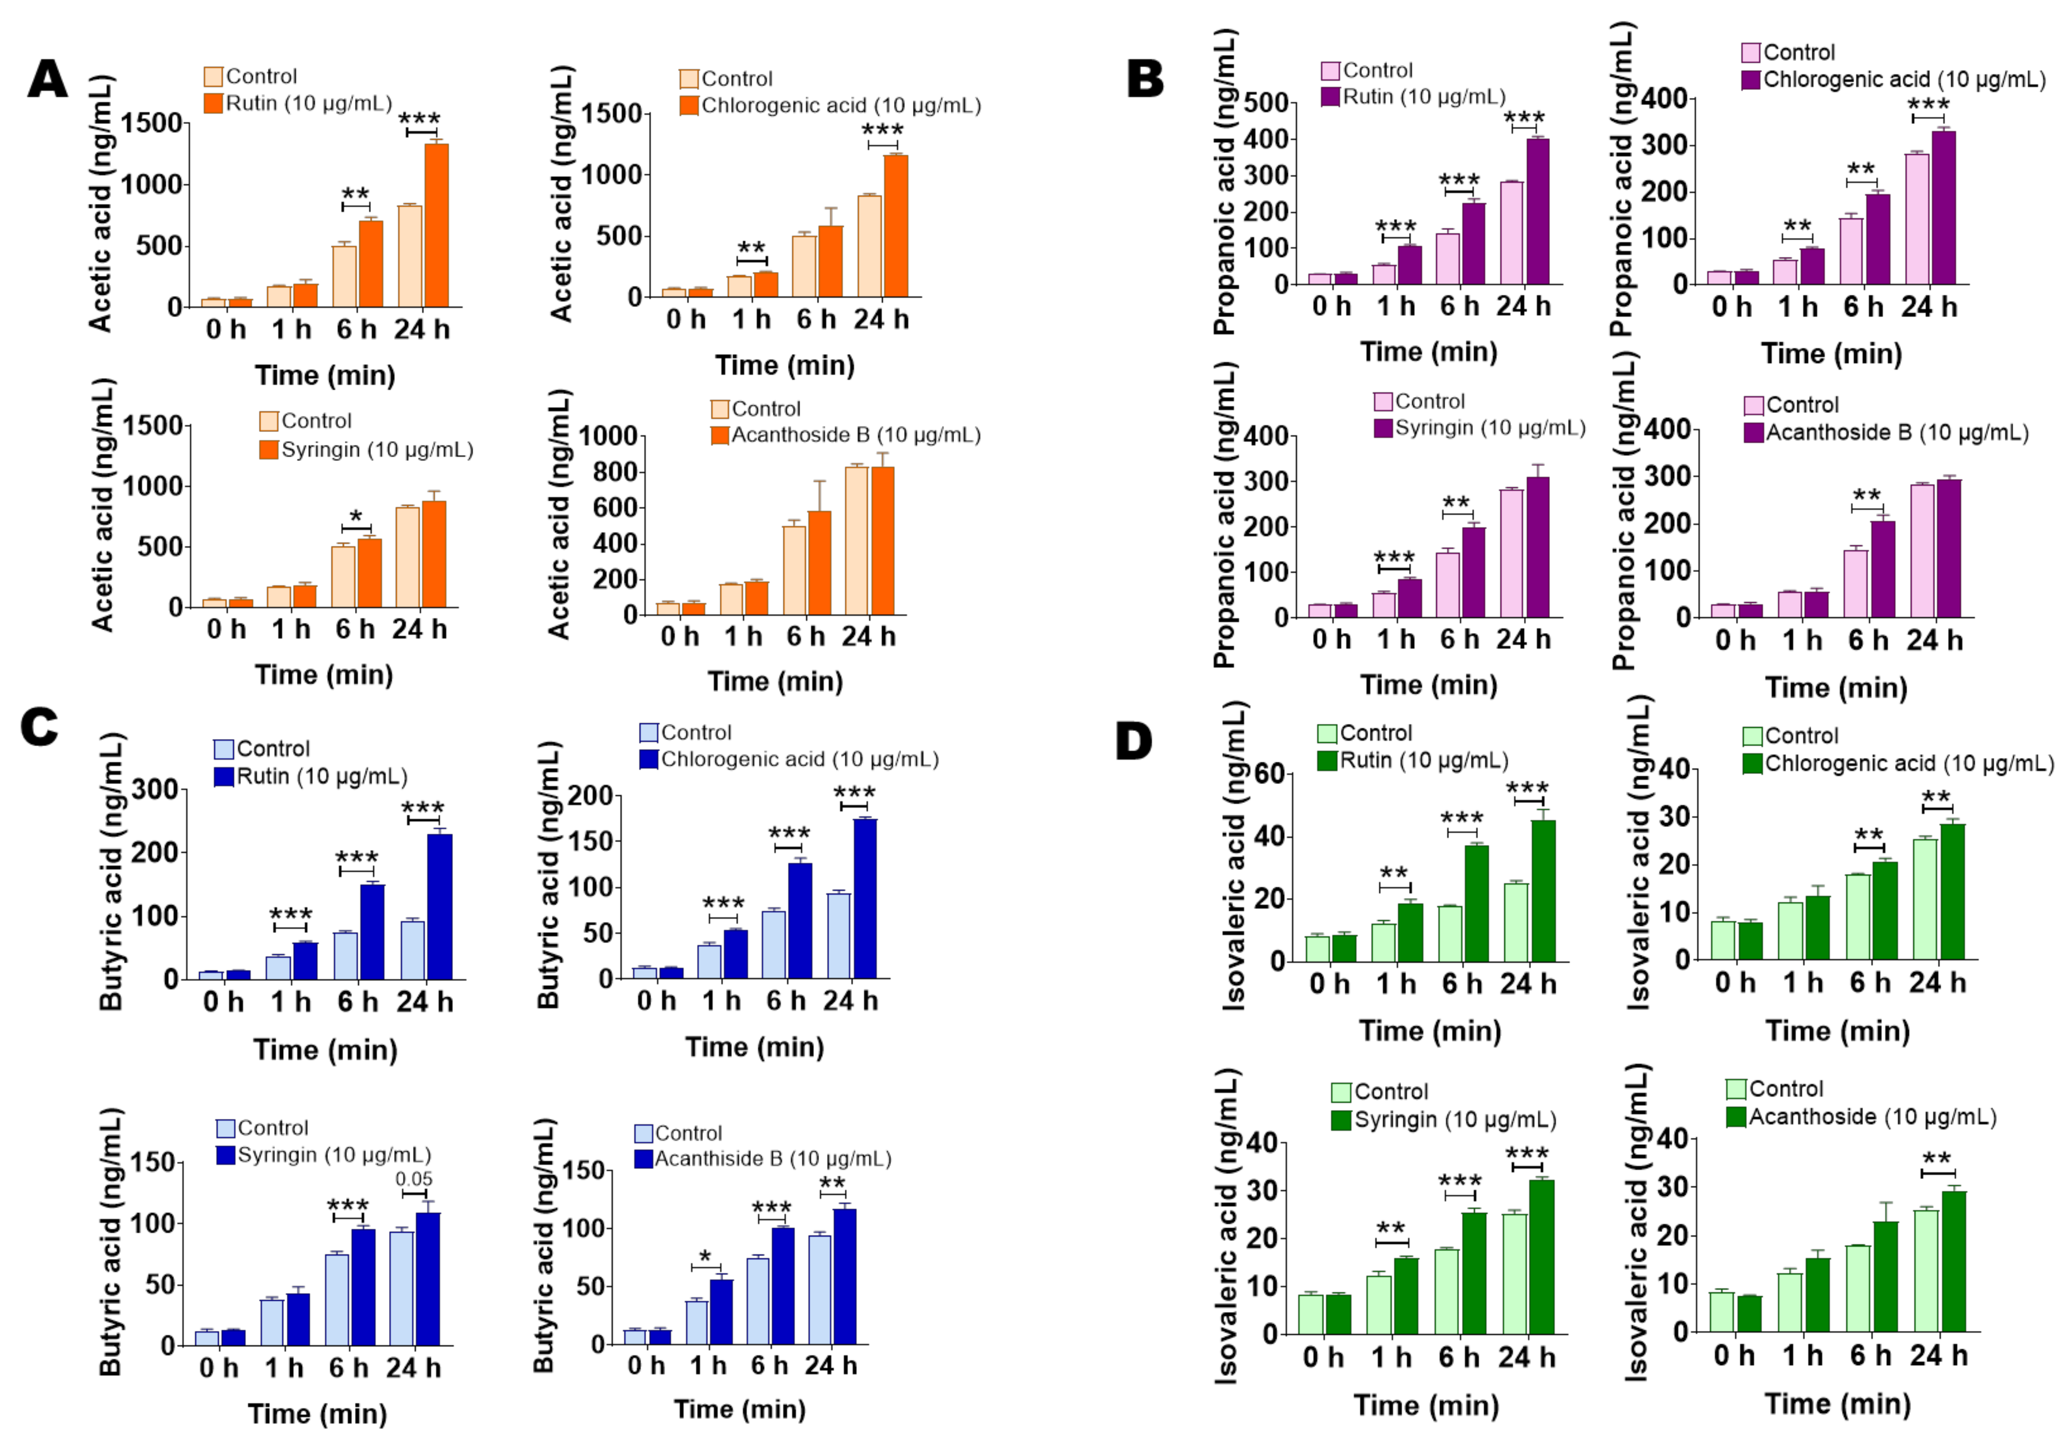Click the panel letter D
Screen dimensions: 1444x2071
1134,741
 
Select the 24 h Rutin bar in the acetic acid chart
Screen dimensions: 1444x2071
436,226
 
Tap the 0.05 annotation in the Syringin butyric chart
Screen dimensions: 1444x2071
414,1179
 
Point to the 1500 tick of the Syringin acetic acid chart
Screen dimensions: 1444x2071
151,425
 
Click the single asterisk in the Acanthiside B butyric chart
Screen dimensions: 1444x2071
705,1256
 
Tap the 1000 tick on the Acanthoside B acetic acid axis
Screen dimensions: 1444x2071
608,437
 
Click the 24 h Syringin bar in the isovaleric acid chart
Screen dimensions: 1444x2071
1541,1256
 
